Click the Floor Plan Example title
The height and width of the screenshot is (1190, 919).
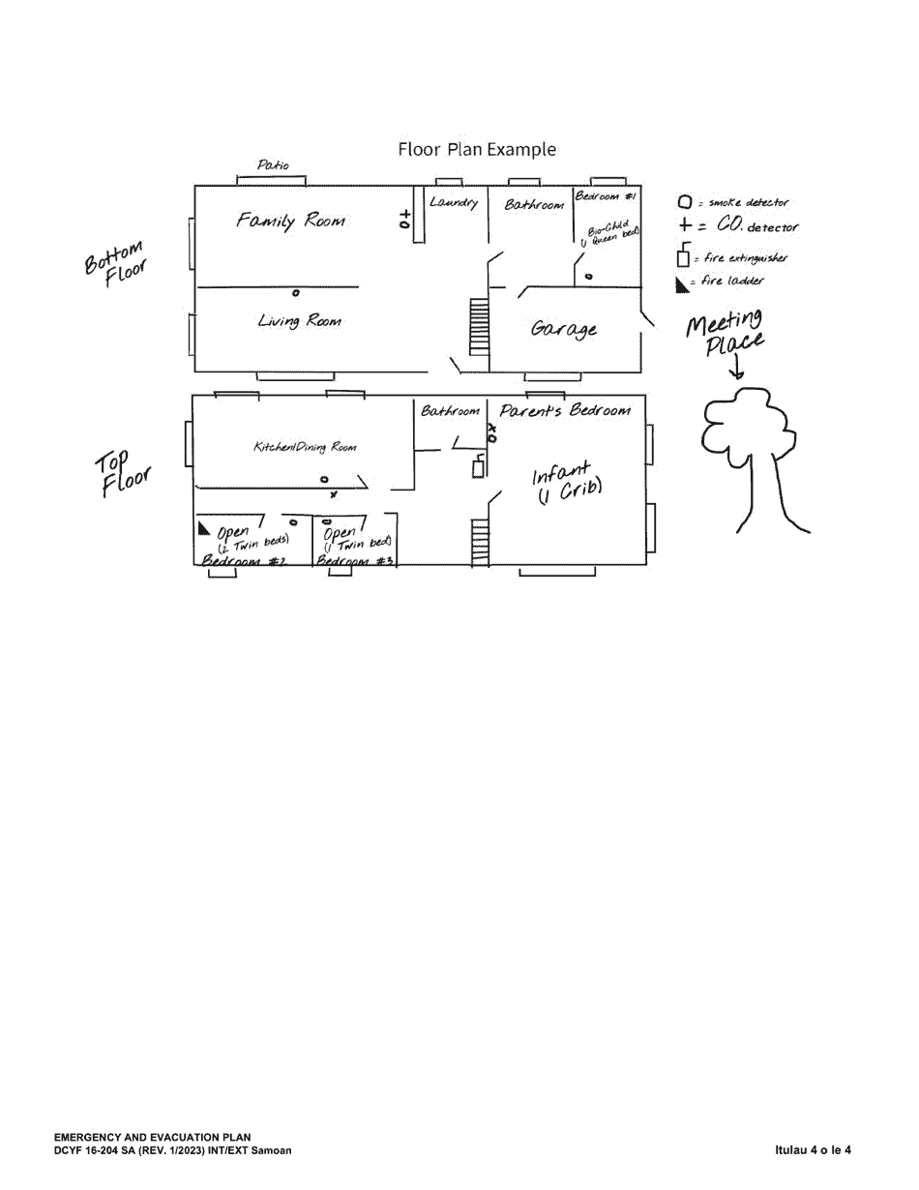[477, 150]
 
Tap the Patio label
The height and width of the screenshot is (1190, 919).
[272, 165]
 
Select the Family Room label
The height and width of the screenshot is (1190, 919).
[290, 221]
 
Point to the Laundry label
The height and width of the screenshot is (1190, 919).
[453, 203]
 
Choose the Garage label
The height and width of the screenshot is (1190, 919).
[564, 329]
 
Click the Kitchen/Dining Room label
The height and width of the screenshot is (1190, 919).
[305, 447]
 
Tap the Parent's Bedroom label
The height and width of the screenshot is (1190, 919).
[565, 410]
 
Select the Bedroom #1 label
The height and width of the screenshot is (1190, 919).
[606, 196]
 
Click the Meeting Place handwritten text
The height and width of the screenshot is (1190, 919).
[726, 332]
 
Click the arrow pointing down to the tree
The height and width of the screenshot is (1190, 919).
[737, 370]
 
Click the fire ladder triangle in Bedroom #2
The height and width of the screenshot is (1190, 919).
[204, 528]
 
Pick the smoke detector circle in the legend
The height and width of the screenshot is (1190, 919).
[685, 203]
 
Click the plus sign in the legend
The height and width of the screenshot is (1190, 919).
[685, 226]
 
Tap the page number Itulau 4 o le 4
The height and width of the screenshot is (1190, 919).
[813, 1150]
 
